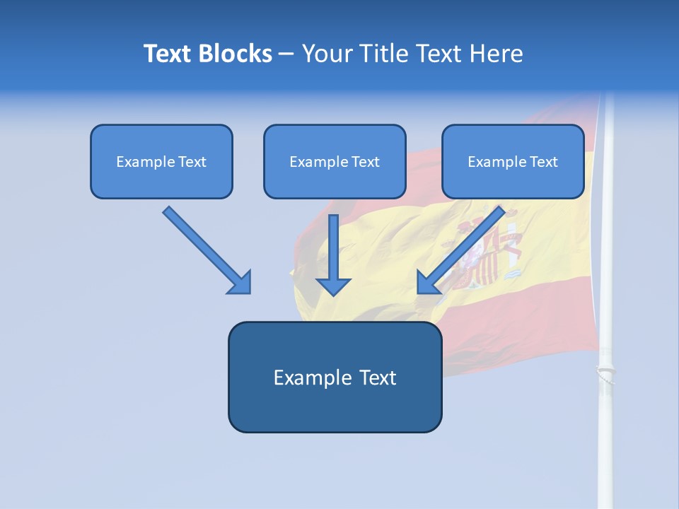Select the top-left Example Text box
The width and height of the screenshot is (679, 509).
coord(161,162)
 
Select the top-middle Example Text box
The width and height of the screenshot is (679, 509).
coord(335,162)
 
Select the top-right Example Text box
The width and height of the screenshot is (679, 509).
coord(513,162)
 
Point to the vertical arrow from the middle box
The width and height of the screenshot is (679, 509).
coord(333,247)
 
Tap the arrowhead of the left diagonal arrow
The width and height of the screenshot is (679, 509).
coord(240,283)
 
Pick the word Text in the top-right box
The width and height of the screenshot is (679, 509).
coord(544,162)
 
